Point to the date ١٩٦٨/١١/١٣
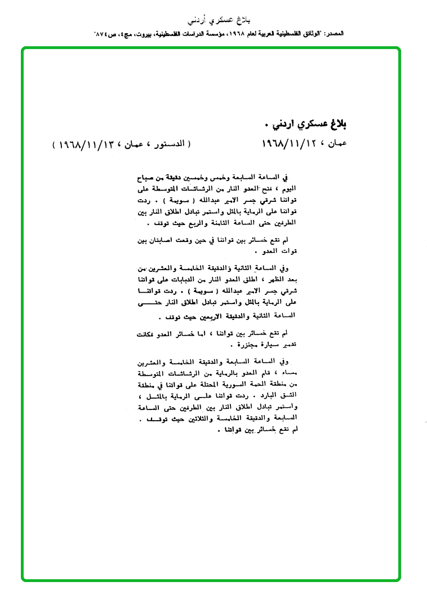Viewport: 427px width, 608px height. point(82,144)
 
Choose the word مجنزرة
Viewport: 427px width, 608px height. point(225,342)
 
